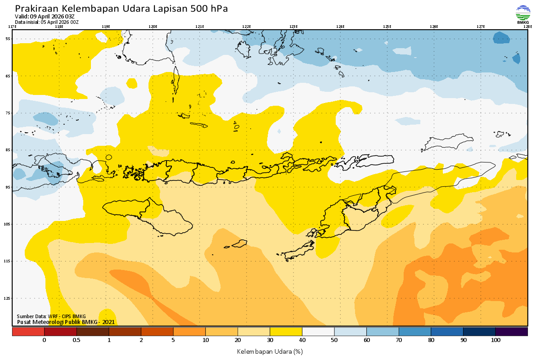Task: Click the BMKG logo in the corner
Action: coord(522,14)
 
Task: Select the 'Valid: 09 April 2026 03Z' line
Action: coord(45,17)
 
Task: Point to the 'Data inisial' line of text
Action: coord(47,22)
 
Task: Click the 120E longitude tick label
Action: coord(153,27)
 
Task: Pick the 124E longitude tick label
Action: coord(340,27)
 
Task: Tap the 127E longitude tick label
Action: coord(481,27)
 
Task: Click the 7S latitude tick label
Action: coord(8,113)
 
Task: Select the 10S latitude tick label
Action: coord(8,224)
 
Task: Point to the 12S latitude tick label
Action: coord(8,298)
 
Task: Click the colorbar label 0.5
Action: coord(76,340)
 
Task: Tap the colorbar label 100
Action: coord(495,340)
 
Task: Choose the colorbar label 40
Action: coord(302,340)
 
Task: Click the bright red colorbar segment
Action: coord(28,331)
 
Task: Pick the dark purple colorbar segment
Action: coord(511,331)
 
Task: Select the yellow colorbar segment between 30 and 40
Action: coord(286,331)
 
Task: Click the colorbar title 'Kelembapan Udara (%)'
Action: coord(270,351)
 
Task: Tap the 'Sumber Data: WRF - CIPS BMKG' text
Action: coord(51,316)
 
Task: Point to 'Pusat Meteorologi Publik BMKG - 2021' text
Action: coord(66,322)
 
